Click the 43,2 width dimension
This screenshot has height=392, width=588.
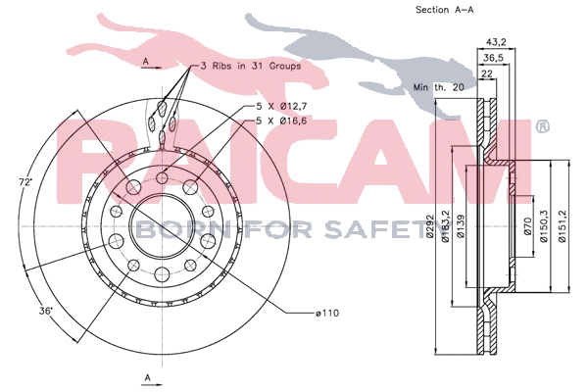(497, 41)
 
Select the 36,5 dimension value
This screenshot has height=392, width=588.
(495, 58)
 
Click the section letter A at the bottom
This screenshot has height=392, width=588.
(146, 376)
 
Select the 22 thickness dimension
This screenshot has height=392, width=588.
(485, 73)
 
